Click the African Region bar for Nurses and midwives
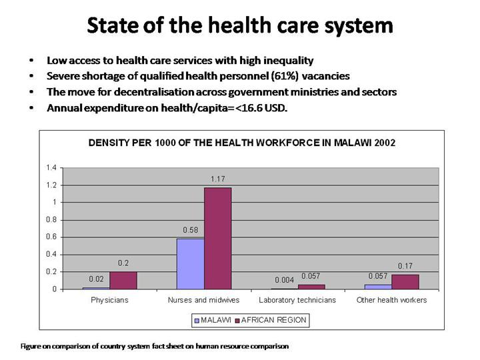click(x=217, y=238)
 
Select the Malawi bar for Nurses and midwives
click(x=190, y=264)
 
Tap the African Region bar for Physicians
click(x=123, y=280)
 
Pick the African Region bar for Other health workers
click(x=405, y=282)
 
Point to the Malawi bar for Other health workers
click(x=378, y=287)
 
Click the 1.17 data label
click(x=217, y=179)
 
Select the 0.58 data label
click(x=190, y=230)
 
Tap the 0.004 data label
click(x=284, y=280)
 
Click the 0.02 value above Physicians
click(x=96, y=279)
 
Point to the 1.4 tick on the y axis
click(x=51, y=167)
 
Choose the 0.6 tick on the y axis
click(x=51, y=237)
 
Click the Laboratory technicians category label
click(x=297, y=300)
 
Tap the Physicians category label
click(x=109, y=300)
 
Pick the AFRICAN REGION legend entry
click(x=273, y=320)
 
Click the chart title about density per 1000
click(x=242, y=143)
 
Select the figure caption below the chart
click(x=155, y=347)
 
